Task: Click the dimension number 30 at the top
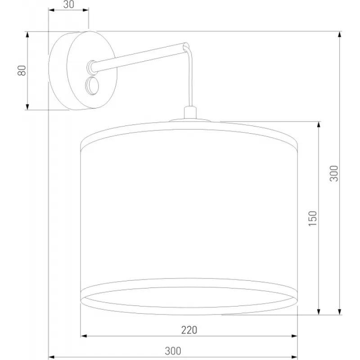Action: click(x=69, y=4)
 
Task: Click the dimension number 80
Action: click(x=22, y=71)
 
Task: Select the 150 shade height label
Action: click(x=312, y=219)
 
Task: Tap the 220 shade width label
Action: click(x=189, y=330)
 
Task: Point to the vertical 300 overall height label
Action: click(x=334, y=174)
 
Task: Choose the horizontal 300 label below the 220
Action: click(x=173, y=351)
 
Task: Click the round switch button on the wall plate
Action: click(x=92, y=86)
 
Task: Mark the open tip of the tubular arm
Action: click(x=186, y=46)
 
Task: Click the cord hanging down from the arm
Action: click(x=190, y=77)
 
